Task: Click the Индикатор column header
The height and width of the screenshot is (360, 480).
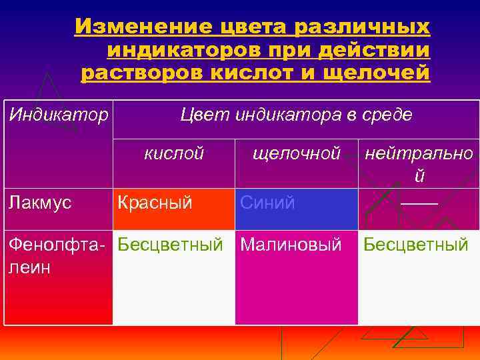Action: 58,115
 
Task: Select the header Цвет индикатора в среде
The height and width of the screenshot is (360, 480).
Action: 296,115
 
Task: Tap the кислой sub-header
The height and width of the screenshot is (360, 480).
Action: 174,153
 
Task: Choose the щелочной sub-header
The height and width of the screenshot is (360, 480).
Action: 297,153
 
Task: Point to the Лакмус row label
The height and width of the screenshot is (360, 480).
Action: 40,203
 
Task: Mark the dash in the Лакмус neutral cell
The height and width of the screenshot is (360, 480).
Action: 419,201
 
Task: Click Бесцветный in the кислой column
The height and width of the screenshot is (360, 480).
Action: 170,245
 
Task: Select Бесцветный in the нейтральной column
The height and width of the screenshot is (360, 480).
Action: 415,245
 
